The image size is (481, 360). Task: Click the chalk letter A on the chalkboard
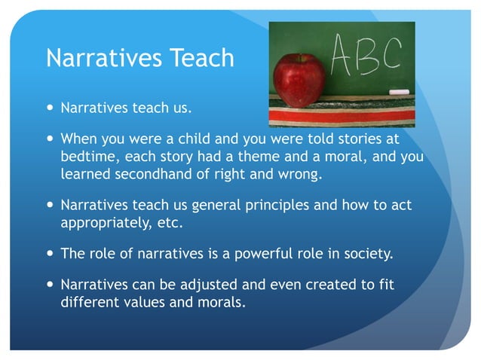(346, 53)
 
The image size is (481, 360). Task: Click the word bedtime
(87, 157)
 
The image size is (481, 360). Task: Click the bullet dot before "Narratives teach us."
(50, 107)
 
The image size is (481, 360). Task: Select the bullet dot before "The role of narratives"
(50, 254)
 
